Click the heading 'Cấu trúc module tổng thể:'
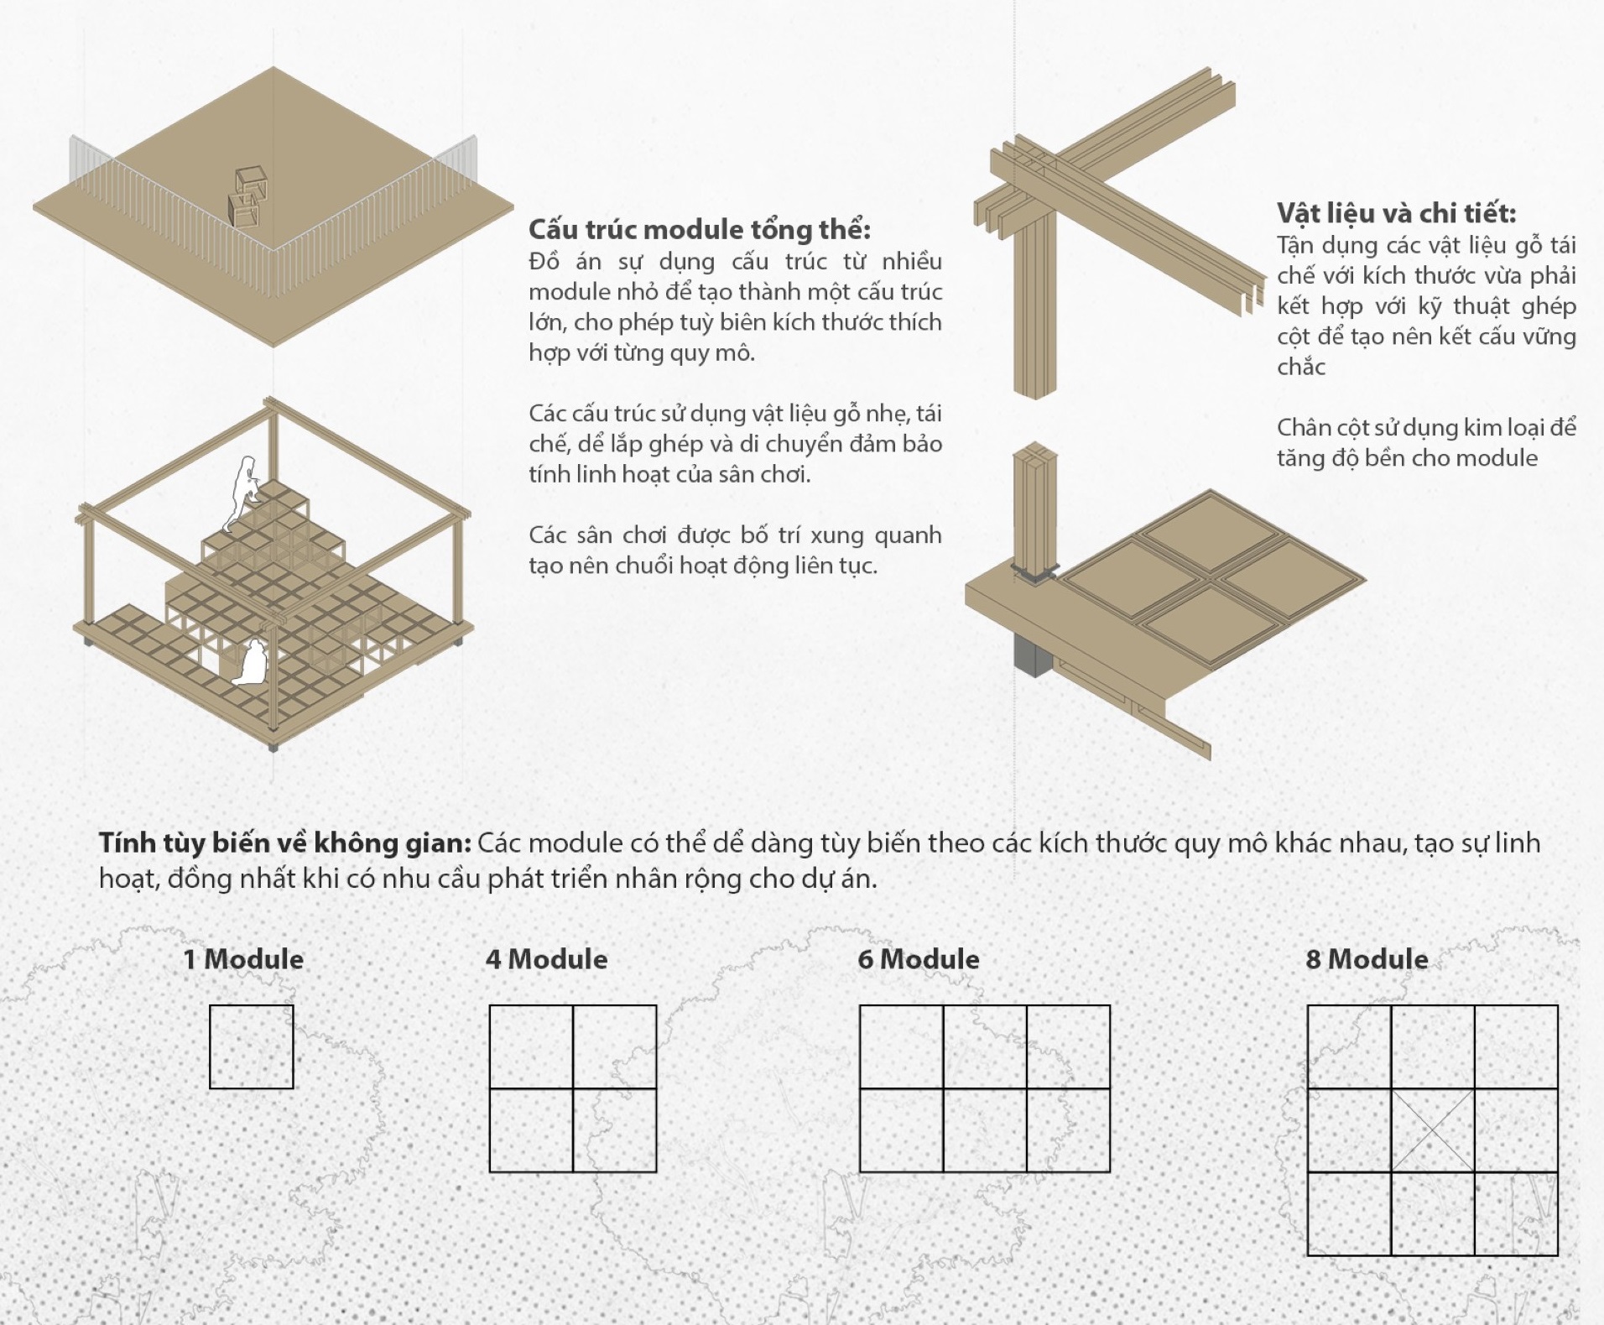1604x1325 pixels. (x=700, y=229)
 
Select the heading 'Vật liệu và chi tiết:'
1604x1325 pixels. (x=1397, y=213)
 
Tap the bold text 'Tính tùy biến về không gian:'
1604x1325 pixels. (x=285, y=842)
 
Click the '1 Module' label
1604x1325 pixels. (x=243, y=959)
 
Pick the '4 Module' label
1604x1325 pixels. (x=547, y=959)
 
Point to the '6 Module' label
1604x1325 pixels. (x=919, y=959)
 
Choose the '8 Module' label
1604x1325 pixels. (x=1367, y=959)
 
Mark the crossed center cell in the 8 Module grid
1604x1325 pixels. (x=1433, y=1129)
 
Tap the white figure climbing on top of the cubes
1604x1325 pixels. (x=243, y=493)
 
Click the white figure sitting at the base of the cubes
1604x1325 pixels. (x=251, y=662)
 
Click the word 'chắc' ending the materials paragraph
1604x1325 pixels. (x=1301, y=367)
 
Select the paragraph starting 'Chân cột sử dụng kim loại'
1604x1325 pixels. (x=1426, y=442)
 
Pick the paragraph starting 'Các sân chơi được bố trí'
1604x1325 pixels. (x=735, y=550)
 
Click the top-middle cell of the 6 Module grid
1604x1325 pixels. (x=985, y=1046)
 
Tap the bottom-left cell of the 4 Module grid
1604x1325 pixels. (x=531, y=1129)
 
